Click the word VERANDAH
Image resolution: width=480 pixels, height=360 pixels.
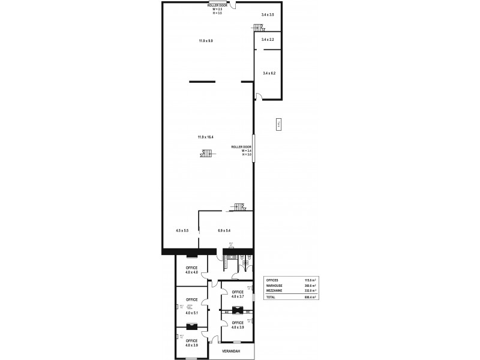tap(232, 350)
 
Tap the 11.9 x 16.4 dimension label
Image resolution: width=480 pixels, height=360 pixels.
tap(206, 137)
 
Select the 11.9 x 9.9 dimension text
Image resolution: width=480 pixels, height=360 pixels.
tap(206, 41)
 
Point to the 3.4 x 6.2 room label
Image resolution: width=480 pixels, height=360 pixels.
tap(269, 73)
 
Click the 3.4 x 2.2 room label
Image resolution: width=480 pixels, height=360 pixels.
tap(268, 40)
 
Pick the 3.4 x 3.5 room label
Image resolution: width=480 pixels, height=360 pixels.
tap(268, 14)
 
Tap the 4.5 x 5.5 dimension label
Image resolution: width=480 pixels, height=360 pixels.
tap(182, 230)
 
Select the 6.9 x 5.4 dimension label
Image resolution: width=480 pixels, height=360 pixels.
tap(224, 230)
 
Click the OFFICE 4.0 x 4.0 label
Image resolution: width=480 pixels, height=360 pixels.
tap(191, 270)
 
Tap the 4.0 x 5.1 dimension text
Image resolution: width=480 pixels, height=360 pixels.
tap(191, 313)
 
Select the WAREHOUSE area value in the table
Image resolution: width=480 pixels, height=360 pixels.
tap(310, 286)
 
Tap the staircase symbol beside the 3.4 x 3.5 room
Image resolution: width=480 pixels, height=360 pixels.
tap(258, 28)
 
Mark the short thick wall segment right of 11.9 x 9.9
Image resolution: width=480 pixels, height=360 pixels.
tap(246, 82)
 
